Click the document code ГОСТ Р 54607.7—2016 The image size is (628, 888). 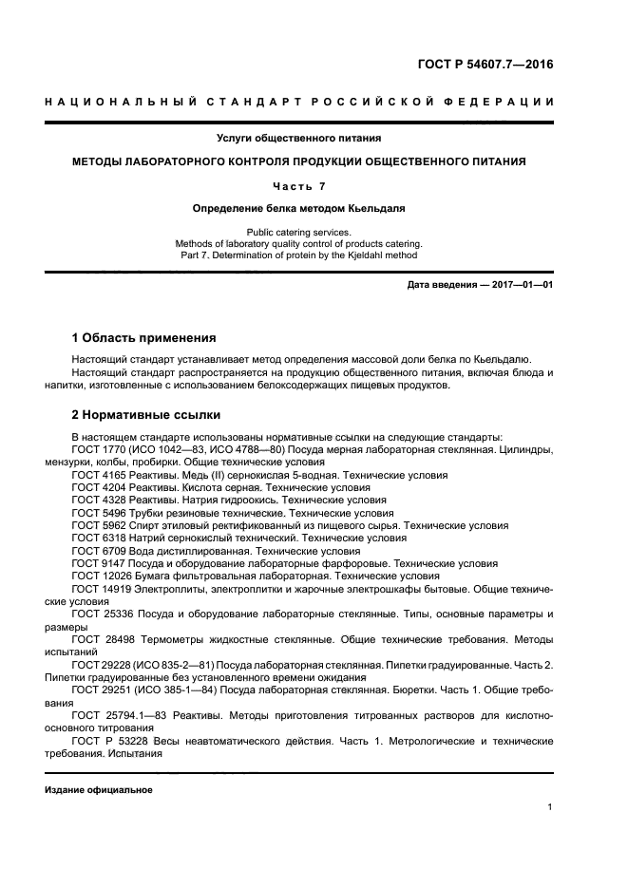pyautogui.click(x=485, y=65)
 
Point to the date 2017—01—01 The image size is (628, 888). pyautogui.click(x=517, y=284)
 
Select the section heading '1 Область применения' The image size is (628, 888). pyautogui.click(x=143, y=337)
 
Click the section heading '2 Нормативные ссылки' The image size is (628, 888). pyautogui.click(x=146, y=414)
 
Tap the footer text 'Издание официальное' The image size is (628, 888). pyautogui.click(x=98, y=790)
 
